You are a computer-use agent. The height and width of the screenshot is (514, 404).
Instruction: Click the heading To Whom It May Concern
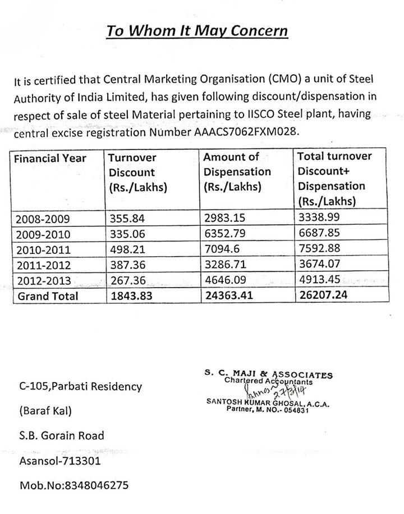pyautogui.click(x=198, y=30)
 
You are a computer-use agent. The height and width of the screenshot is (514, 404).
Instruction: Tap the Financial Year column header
pyautogui.click(x=50, y=158)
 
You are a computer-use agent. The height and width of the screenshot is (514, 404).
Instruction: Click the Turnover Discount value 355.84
pyautogui.click(x=125, y=217)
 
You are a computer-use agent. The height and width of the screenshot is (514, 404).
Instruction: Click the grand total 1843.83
pyautogui.click(x=130, y=295)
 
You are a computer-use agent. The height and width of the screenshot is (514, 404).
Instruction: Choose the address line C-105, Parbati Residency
pyautogui.click(x=81, y=387)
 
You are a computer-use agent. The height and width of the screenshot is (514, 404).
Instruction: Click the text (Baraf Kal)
pyautogui.click(x=45, y=411)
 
